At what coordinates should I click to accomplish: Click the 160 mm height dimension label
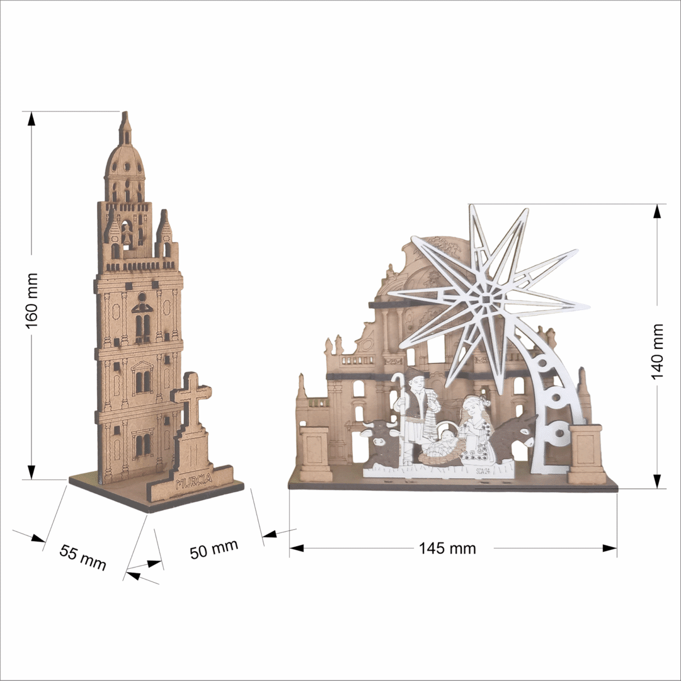[31, 301]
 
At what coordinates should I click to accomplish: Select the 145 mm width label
[447, 548]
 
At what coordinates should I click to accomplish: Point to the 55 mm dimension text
[83, 557]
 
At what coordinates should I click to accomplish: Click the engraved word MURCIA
[194, 481]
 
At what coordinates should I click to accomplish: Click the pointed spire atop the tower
[125, 128]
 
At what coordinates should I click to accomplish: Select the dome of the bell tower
[124, 164]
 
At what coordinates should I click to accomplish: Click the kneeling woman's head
[472, 406]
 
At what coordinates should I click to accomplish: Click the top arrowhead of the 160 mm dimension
[31, 119]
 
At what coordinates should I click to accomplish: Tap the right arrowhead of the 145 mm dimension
[610, 548]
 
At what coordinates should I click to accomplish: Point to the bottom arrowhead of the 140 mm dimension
[657, 481]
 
